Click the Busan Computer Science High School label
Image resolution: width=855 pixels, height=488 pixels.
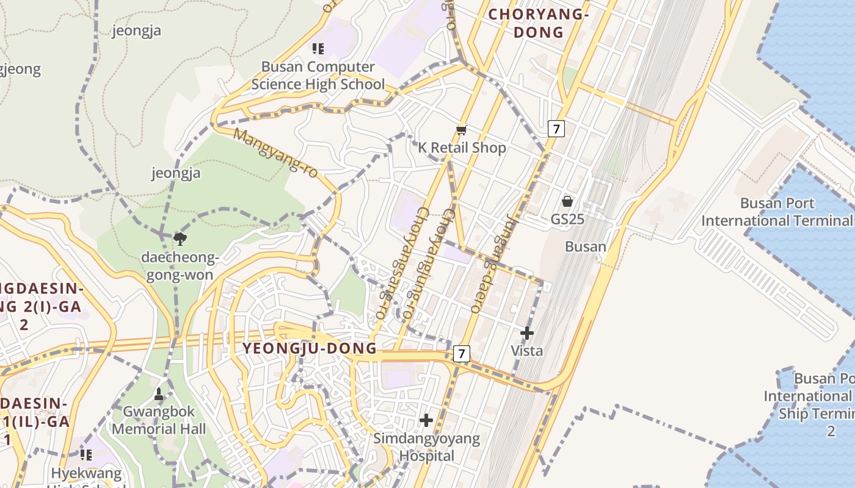click(318, 76)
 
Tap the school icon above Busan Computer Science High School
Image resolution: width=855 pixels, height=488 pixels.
click(318, 48)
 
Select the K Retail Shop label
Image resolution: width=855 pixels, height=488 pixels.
click(462, 148)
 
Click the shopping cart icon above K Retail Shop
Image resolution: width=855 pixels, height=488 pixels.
click(462, 130)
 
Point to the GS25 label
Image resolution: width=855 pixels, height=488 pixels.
click(567, 219)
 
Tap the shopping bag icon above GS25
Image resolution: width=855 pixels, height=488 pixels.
click(567, 201)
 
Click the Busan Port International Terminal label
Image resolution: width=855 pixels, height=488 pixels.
click(777, 212)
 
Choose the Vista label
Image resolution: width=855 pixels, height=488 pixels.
click(526, 351)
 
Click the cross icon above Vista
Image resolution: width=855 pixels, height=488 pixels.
click(526, 333)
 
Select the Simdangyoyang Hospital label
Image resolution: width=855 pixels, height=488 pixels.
click(426, 447)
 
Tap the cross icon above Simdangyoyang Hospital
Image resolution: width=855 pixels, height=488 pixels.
click(426, 420)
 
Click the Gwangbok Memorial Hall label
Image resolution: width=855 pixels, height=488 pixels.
click(159, 420)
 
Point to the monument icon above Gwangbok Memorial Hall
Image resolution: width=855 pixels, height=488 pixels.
click(159, 394)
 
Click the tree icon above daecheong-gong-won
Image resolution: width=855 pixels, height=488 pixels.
click(180, 239)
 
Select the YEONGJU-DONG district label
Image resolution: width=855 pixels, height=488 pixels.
click(310, 348)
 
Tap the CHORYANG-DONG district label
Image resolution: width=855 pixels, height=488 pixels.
click(538, 23)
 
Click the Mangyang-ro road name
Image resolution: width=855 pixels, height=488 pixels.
click(276, 153)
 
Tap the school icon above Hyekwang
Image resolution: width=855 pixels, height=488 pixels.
click(86, 454)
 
